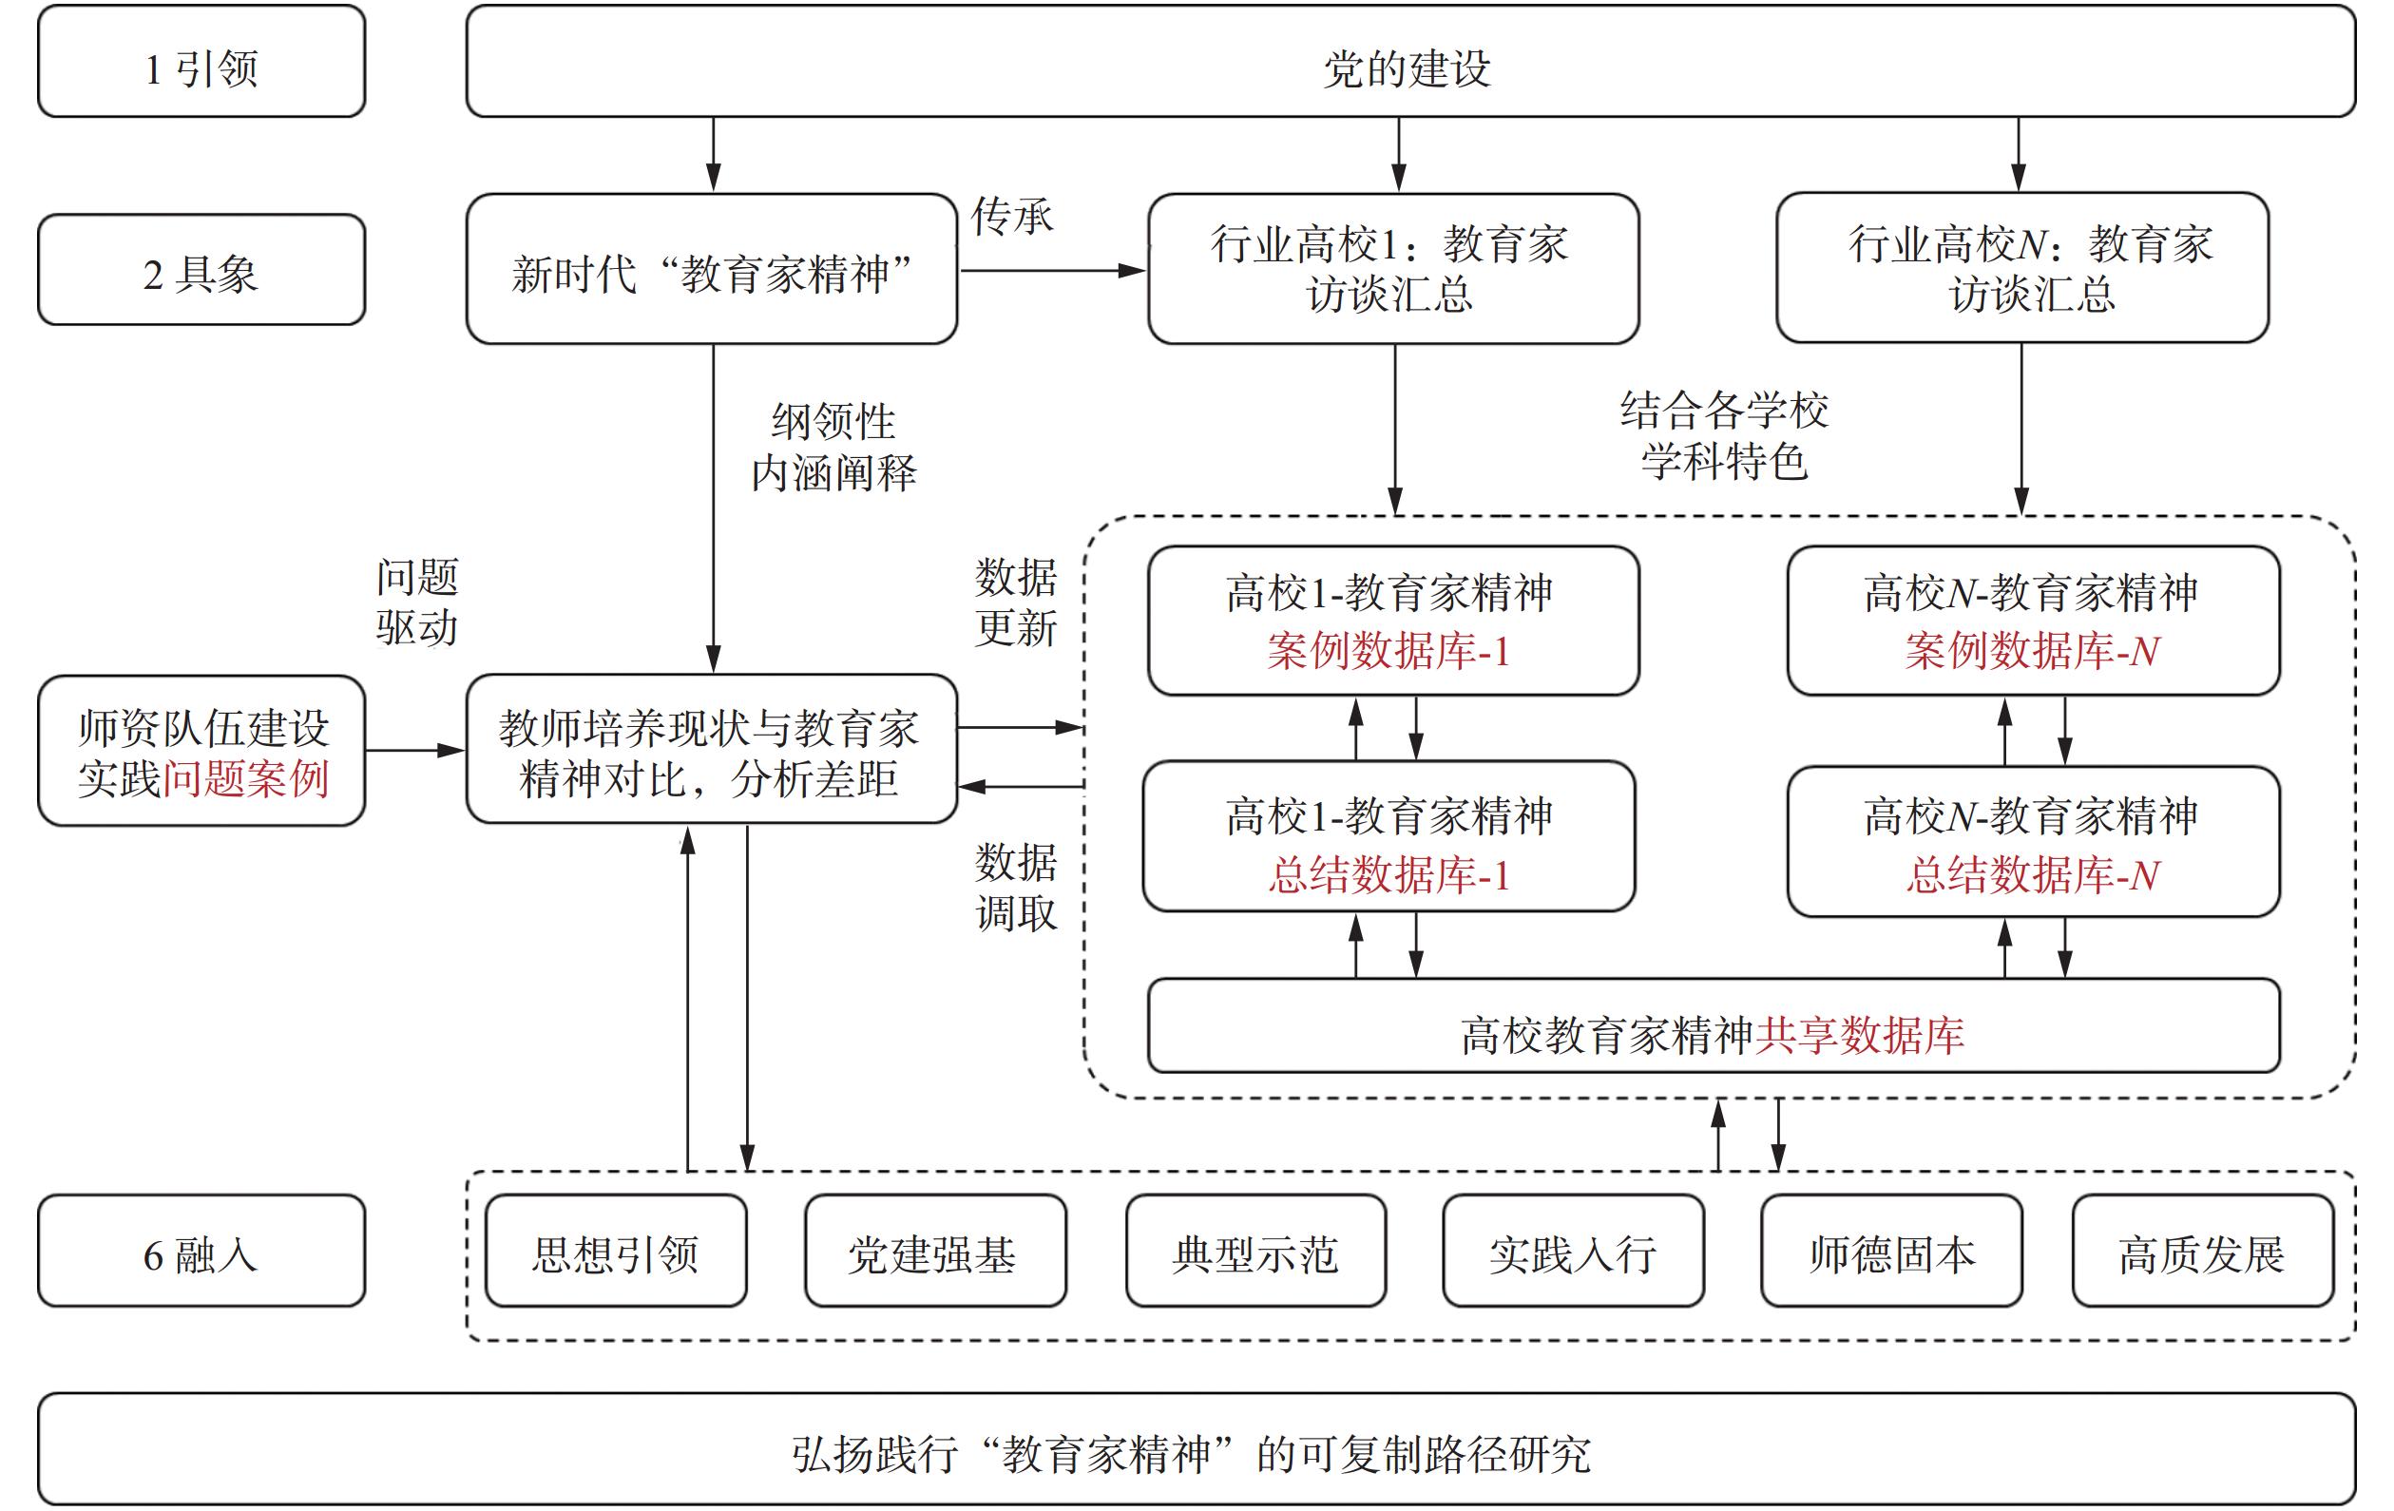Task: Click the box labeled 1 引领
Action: pos(201,62)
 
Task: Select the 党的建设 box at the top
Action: pos(1409,62)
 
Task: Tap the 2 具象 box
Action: pos(201,271)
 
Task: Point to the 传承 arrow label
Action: pos(1012,217)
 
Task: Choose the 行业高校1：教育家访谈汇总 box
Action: pos(1392,268)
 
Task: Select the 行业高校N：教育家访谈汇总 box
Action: pos(2022,268)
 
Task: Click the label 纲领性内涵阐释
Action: pos(833,448)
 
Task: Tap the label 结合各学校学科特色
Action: pos(1724,435)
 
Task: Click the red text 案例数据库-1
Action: pos(1388,651)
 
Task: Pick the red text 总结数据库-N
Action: pos(2032,875)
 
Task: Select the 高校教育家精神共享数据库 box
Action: pos(1712,1034)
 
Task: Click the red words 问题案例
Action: pos(245,778)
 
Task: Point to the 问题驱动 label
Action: pos(416,602)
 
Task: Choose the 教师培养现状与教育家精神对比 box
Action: pos(710,752)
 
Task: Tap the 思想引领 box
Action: pos(616,1253)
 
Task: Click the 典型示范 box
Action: pos(1254,1253)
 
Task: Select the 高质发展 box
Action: pos(2201,1253)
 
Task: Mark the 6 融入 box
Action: pos(201,1253)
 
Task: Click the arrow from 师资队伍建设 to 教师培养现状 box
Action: pos(413,751)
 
